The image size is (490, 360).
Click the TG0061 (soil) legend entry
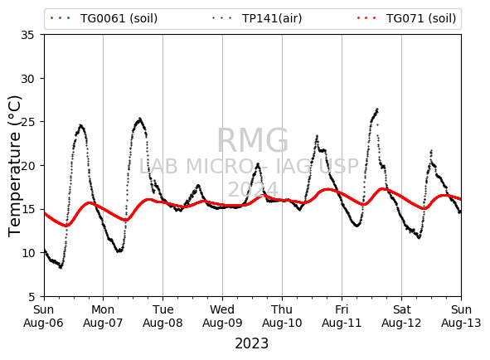(x=104, y=18)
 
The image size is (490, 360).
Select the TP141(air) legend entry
(x=256, y=18)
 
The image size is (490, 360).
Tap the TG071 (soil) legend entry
(x=406, y=18)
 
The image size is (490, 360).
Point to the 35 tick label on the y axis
(x=27, y=35)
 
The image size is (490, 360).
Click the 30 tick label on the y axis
(x=27, y=79)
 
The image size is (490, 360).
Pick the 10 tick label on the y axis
(x=27, y=253)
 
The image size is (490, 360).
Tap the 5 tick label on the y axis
(x=32, y=297)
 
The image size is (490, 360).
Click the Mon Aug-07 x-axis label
(x=103, y=316)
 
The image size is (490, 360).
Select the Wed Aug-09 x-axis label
(x=222, y=316)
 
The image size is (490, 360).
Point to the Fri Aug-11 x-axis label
(x=342, y=316)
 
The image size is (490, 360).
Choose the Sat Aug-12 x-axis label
(x=401, y=316)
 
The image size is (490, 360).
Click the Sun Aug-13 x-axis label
(x=461, y=316)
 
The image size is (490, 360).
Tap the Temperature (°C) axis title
(x=15, y=166)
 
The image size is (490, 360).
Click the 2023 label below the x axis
(x=251, y=343)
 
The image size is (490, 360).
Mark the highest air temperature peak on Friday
(x=377, y=109)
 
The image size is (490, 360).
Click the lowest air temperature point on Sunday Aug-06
(x=61, y=267)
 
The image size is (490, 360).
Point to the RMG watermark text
(x=253, y=140)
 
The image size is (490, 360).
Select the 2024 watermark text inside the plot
(x=253, y=189)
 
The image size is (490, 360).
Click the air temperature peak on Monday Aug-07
(x=139, y=119)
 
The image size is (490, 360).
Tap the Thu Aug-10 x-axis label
(x=282, y=316)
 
